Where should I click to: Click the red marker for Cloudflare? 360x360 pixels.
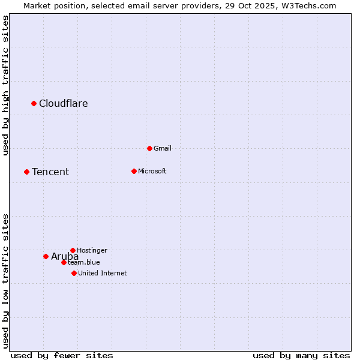pyautogui.click(x=34, y=103)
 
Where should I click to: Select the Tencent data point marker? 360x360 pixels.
pyautogui.click(x=26, y=172)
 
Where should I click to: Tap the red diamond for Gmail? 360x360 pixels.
pyautogui.click(x=149, y=148)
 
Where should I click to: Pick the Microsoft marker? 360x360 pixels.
pyautogui.click(x=134, y=171)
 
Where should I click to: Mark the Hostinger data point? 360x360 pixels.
pyautogui.click(x=73, y=250)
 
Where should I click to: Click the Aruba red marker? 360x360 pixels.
pyautogui.click(x=46, y=256)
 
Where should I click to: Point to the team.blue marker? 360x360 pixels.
pyautogui.click(x=64, y=262)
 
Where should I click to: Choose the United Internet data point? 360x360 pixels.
pyautogui.click(x=74, y=273)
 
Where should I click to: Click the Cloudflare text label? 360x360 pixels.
pyautogui.click(x=64, y=103)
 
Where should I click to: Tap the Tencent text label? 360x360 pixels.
pyautogui.click(x=50, y=172)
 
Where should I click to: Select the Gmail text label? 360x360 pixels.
pyautogui.click(x=163, y=148)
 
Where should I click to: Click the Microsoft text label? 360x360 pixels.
pyautogui.click(x=152, y=171)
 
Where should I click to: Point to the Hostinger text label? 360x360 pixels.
pyautogui.click(x=92, y=250)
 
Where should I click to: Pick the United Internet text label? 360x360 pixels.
pyautogui.click(x=103, y=273)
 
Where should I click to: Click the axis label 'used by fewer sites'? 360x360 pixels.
pyautogui.click(x=62, y=355)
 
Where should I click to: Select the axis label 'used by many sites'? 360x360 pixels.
pyautogui.click(x=301, y=355)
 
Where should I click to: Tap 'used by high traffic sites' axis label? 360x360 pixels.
pyautogui.click(x=5, y=85)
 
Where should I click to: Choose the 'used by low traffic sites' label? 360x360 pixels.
pyautogui.click(x=5, y=281)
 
